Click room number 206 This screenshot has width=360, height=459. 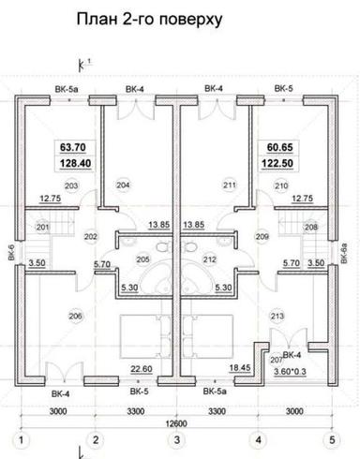(x=75, y=316)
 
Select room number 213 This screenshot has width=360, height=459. (x=275, y=316)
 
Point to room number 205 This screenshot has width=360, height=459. (x=143, y=259)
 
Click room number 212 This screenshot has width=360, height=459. (x=209, y=259)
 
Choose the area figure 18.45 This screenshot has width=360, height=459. (x=240, y=367)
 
